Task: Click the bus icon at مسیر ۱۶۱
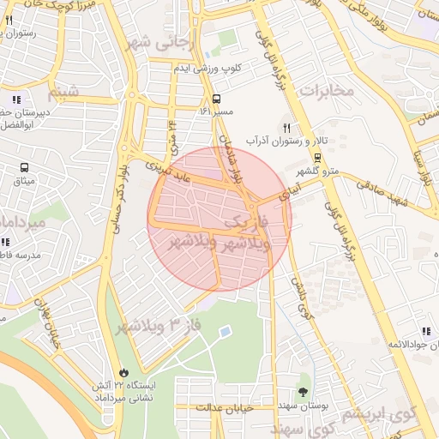tap(216, 98)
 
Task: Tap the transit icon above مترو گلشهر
tap(317, 157)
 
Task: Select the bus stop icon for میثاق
tap(23, 168)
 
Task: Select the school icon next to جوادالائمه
tap(425, 331)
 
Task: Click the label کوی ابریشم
tap(378, 412)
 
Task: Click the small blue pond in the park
tap(225, 331)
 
